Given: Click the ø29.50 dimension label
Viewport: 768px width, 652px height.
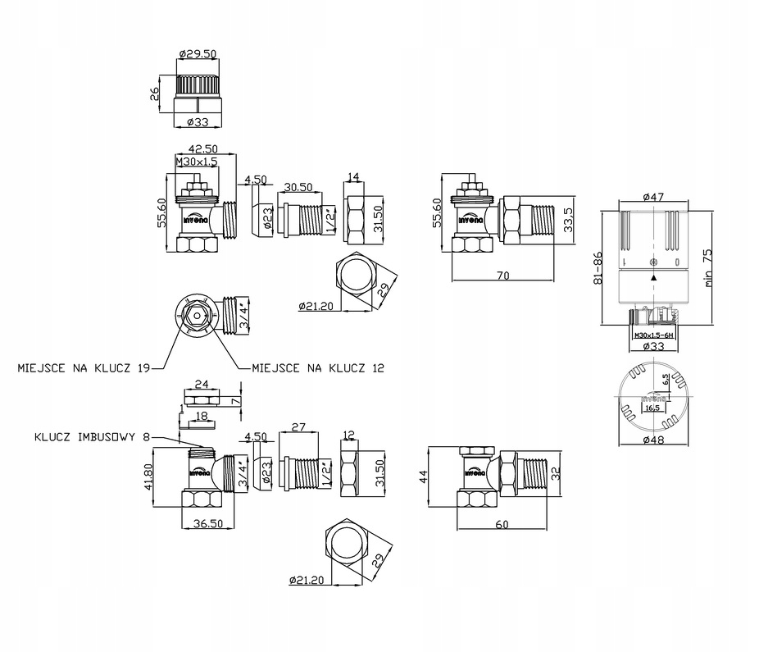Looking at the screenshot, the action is [196, 54].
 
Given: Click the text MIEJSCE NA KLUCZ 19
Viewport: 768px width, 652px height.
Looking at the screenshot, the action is [83, 367].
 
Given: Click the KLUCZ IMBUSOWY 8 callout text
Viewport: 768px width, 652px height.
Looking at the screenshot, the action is [93, 437].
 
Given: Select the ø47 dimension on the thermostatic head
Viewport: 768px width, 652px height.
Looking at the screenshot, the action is [653, 197].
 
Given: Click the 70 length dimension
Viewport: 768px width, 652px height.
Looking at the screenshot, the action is [502, 276].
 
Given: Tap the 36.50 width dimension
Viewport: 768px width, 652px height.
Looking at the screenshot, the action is [208, 522].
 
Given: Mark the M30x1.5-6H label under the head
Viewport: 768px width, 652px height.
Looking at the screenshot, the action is [652, 335].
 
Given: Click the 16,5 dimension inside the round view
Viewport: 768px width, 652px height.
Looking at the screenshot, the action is [653, 407].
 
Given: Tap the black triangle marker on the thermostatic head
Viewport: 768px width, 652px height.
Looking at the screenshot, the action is [653, 278].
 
